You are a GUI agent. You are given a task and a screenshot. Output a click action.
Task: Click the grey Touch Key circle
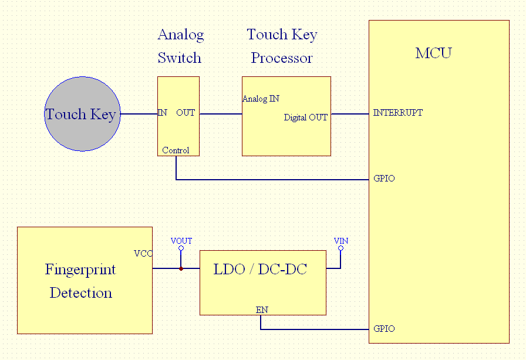(x=82, y=114)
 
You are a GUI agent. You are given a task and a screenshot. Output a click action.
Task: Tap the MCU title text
(x=433, y=53)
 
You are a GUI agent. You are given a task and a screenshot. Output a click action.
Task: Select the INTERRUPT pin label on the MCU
(x=397, y=113)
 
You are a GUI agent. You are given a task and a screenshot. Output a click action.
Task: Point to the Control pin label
(x=176, y=150)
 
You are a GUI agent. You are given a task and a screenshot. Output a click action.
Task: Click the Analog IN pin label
(x=261, y=99)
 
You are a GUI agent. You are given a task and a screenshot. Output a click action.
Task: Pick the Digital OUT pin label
(x=305, y=117)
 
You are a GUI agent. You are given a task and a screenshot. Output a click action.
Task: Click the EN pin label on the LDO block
(x=262, y=309)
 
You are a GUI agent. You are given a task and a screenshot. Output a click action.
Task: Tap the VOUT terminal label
(x=181, y=241)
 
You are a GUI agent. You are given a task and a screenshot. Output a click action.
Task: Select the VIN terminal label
(x=340, y=241)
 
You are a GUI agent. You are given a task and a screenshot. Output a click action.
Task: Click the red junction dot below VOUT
(x=181, y=268)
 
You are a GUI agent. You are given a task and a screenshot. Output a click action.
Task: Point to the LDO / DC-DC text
(x=260, y=270)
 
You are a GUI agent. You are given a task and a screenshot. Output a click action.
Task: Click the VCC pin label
(x=143, y=254)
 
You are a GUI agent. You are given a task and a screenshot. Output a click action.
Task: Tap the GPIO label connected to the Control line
(x=384, y=179)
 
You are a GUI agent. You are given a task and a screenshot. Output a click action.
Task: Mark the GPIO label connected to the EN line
(x=384, y=329)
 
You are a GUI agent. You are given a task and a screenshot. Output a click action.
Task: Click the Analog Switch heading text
(x=180, y=46)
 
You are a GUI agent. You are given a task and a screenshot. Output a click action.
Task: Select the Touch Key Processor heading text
(x=282, y=46)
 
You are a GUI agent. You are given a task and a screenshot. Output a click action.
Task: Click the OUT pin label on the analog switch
(x=186, y=113)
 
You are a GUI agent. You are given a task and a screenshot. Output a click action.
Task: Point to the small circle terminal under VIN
(x=340, y=248)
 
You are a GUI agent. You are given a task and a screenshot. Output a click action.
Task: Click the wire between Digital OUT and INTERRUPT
(x=349, y=113)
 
